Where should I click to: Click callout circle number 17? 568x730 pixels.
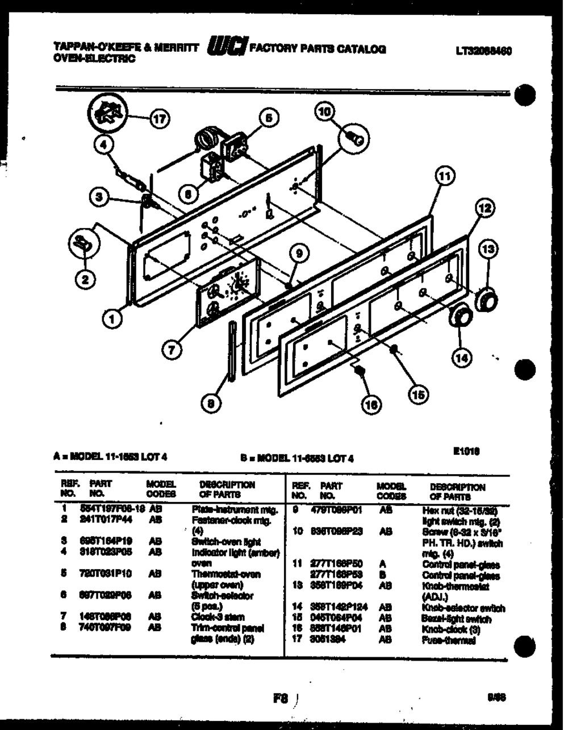pos(160,118)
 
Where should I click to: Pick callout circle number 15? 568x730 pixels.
pos(417,394)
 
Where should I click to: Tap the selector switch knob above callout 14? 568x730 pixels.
pos(460,316)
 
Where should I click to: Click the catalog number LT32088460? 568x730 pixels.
pos(483,51)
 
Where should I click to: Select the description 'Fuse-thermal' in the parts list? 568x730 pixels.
pos(448,640)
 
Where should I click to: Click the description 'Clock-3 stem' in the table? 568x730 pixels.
pos(218,617)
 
